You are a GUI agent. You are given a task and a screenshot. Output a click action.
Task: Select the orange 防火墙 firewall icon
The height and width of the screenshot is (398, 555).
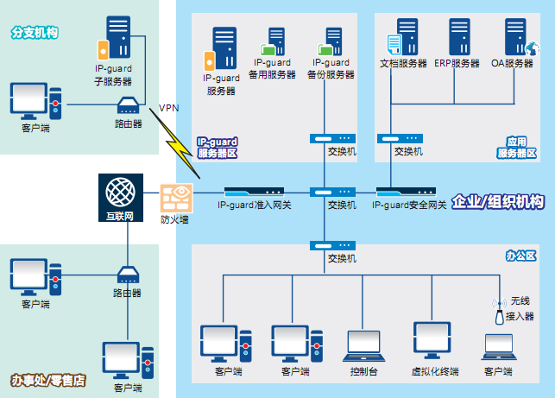pos(175,198)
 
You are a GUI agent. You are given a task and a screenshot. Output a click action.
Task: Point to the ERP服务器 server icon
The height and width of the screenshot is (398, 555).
pos(457,39)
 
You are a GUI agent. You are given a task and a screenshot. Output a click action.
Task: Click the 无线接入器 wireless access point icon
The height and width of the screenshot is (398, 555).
pos(498,313)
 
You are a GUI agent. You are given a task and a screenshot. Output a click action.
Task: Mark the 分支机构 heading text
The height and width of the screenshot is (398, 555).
pos(35,32)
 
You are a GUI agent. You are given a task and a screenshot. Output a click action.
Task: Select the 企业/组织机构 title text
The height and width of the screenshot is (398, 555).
pos(498,201)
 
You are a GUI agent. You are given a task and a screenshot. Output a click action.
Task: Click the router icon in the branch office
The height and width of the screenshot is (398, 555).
pos(128,106)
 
